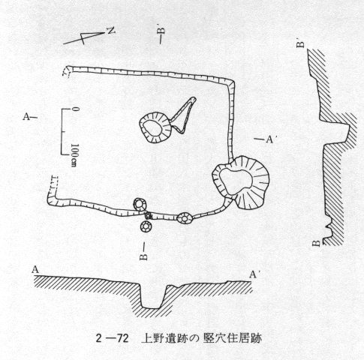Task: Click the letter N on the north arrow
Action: (111, 31)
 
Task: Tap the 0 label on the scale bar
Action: (75, 109)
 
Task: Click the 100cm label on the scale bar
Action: (74, 155)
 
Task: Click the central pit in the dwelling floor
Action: (155, 127)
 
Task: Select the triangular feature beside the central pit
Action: (183, 115)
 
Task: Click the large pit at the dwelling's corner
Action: (241, 182)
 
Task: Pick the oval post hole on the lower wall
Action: (185, 218)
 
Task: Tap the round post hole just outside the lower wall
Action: (146, 227)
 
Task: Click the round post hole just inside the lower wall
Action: (140, 204)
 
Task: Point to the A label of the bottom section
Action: (35, 270)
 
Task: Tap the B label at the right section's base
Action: (317, 243)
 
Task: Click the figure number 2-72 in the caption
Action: (112, 338)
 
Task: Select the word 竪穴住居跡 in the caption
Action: (233, 338)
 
